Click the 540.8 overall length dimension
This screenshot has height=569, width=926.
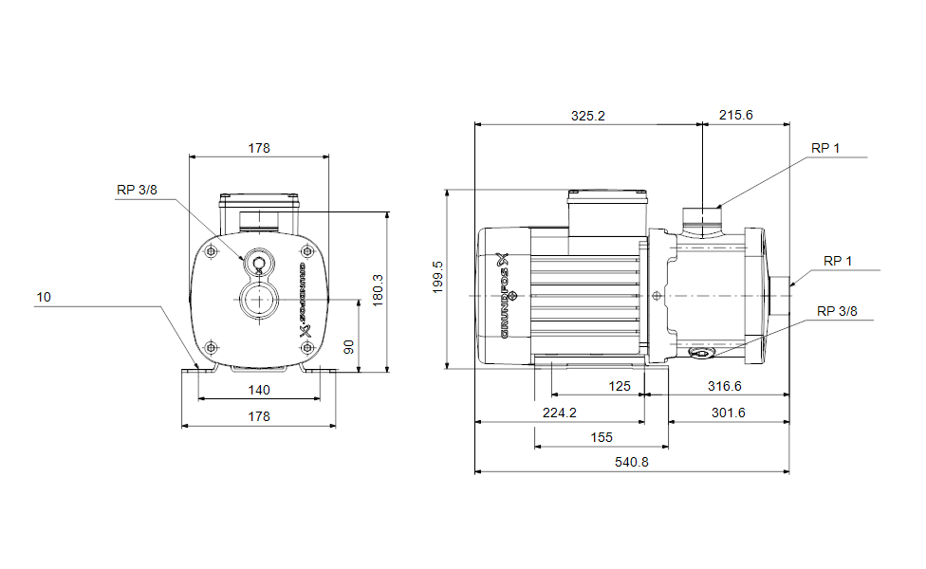click(x=631, y=462)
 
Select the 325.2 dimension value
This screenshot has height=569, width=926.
click(x=587, y=117)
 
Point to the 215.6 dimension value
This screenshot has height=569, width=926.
click(x=736, y=115)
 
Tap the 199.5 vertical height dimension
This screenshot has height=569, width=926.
click(x=437, y=278)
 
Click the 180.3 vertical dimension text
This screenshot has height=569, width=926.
click(x=378, y=290)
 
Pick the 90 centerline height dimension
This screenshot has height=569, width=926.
click(x=349, y=347)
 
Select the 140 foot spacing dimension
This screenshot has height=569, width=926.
click(x=259, y=390)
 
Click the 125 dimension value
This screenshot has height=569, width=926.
click(x=620, y=386)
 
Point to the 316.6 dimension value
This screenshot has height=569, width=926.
click(x=725, y=386)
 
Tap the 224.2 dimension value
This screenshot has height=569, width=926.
click(x=559, y=413)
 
